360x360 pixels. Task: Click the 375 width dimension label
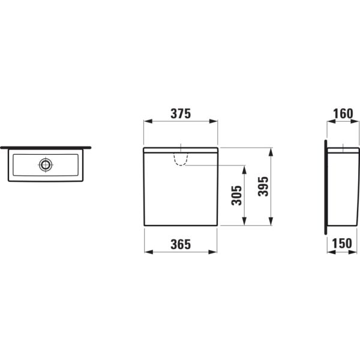(181, 114)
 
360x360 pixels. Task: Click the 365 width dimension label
(181, 244)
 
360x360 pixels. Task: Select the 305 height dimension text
(237, 196)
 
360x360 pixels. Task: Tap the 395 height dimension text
(263, 187)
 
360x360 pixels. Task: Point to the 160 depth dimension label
(343, 114)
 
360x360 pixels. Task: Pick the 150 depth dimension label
(342, 244)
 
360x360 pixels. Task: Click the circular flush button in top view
(46, 164)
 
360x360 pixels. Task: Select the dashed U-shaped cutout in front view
(181, 159)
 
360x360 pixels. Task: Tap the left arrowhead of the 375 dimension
(148, 121)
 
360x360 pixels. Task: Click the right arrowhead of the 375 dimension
(213, 121)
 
